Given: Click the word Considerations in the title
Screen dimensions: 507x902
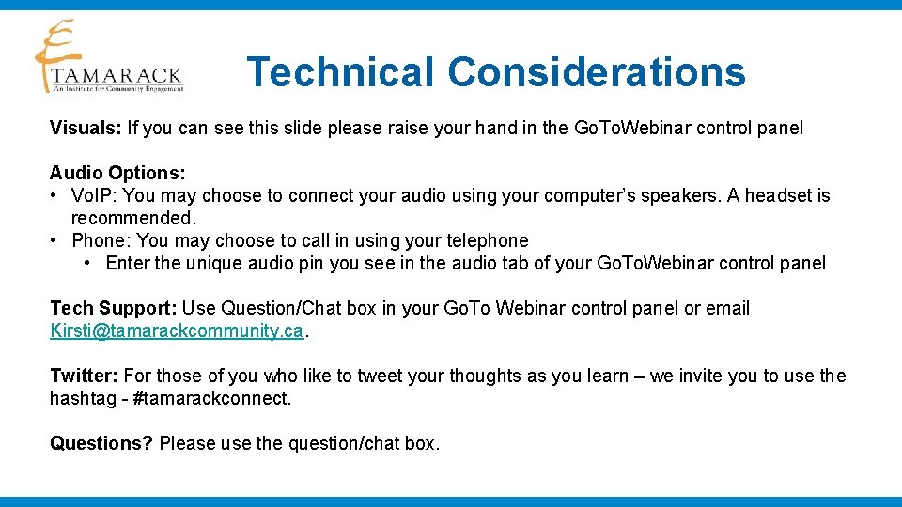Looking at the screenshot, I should point(597,72).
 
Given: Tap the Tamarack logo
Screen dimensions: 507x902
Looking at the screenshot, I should point(108,58).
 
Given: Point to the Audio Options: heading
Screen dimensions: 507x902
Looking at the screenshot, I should point(117,173).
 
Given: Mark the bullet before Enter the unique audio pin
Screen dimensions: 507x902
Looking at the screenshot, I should point(87,263).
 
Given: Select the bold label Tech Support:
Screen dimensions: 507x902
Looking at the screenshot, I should point(114,308).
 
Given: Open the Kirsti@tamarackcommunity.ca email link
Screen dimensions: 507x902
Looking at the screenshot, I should point(177,330).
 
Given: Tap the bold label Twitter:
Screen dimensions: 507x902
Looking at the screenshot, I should point(84,376).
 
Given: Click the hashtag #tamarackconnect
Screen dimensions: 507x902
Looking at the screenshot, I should point(212,398).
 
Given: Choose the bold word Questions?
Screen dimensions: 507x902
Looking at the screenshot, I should point(101,443).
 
